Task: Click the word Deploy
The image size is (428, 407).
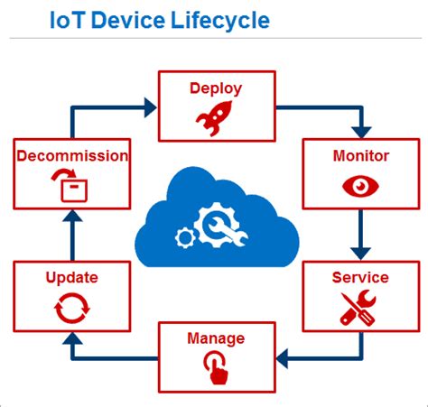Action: [x=215, y=88]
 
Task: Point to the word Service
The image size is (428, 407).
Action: [x=359, y=277]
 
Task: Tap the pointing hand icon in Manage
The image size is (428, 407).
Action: [x=215, y=366]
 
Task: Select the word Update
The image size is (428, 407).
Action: [x=72, y=277]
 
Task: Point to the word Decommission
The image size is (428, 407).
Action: [x=72, y=156]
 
